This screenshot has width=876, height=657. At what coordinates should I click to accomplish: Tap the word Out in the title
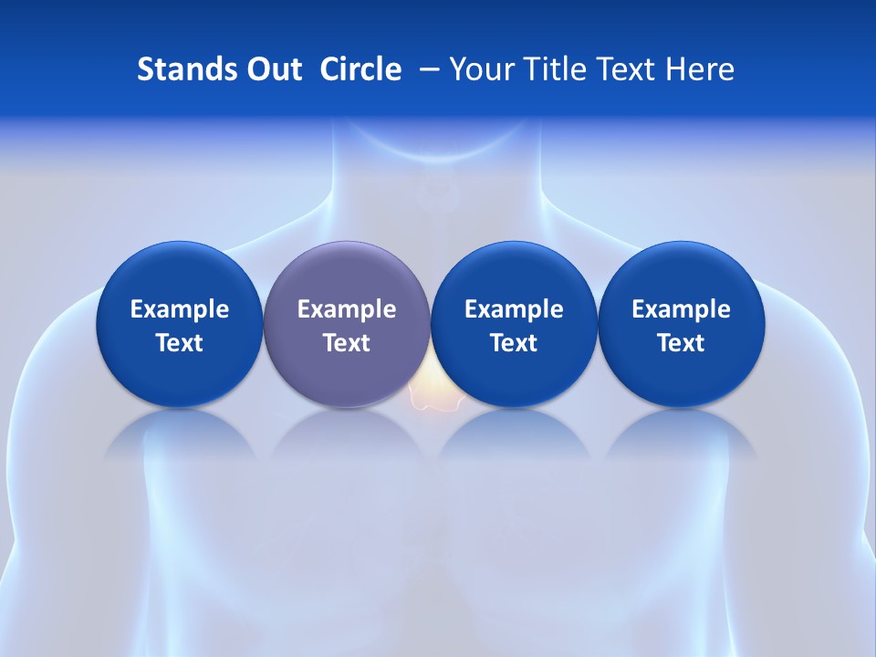[x=271, y=69]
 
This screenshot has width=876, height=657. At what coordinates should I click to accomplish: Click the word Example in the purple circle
[x=347, y=310]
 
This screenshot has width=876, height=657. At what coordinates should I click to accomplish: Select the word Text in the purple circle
[x=347, y=343]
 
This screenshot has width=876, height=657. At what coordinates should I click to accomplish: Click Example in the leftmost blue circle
[x=180, y=310]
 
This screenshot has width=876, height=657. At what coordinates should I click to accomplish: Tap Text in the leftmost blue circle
[x=180, y=343]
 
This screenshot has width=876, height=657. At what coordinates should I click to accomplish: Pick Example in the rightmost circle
[x=681, y=310]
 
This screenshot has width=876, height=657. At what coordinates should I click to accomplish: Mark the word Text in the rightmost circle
[x=681, y=343]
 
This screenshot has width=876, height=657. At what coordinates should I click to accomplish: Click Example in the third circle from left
[x=514, y=310]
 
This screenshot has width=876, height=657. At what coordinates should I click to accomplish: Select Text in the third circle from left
[x=514, y=343]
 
